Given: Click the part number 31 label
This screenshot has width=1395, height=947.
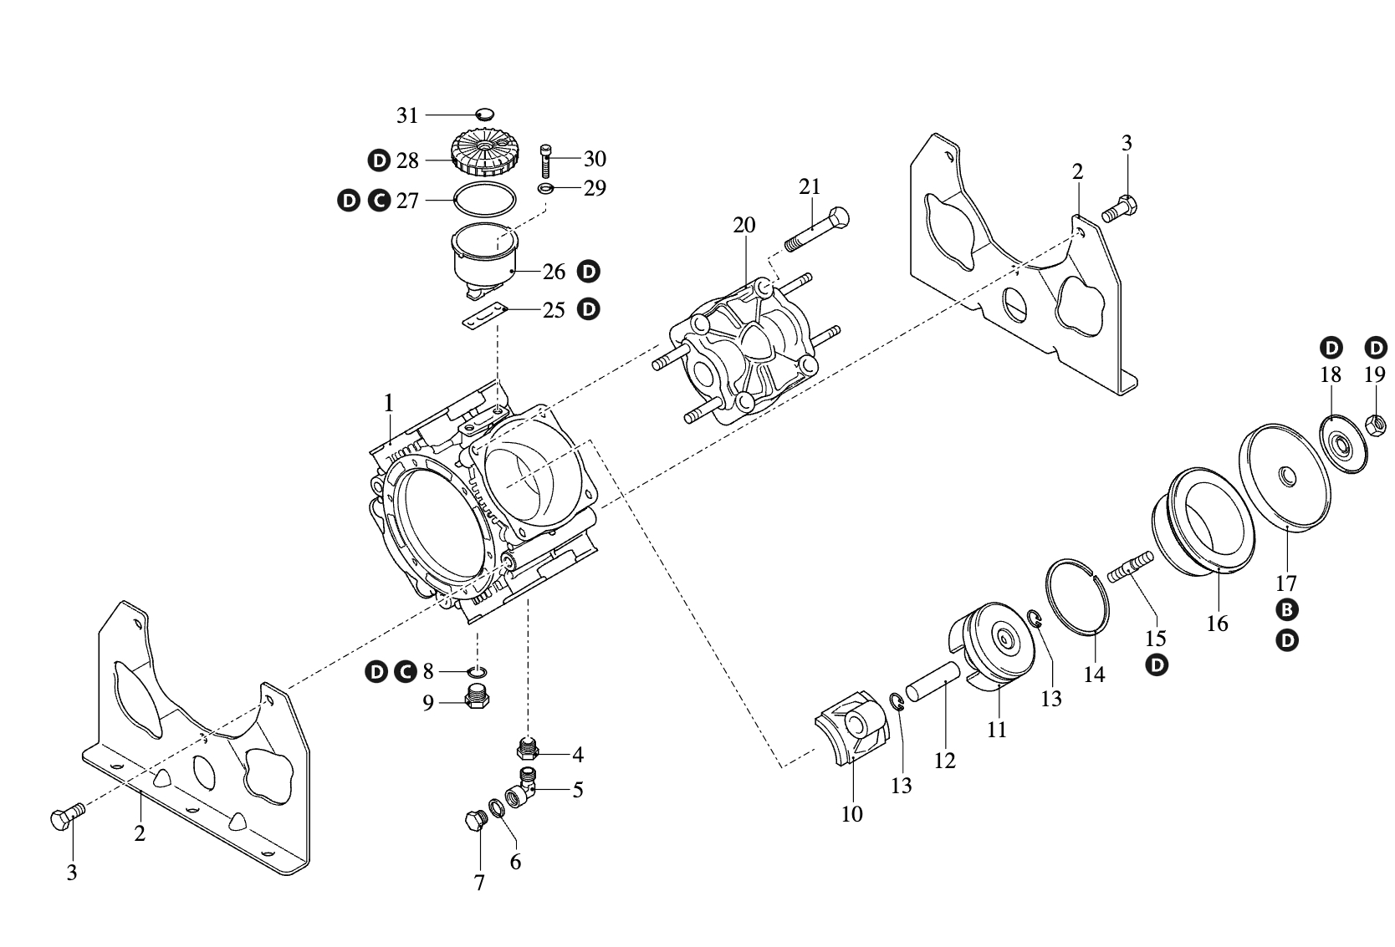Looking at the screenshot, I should (x=407, y=115).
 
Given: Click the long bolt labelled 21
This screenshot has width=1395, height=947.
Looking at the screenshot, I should (x=816, y=227).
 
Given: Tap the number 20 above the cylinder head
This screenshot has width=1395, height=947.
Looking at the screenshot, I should (x=743, y=225).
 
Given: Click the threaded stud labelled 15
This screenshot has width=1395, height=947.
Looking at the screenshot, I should (x=1131, y=568).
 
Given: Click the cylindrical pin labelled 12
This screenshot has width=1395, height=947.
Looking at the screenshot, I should (x=931, y=676).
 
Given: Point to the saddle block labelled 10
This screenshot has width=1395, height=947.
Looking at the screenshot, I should (x=851, y=726).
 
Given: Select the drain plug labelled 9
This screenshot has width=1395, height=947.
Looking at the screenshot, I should (x=477, y=698).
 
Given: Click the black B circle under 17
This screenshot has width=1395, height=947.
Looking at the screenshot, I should (x=1287, y=610).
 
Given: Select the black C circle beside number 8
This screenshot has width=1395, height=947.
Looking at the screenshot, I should (x=404, y=671).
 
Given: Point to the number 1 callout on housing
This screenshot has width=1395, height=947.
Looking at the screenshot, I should (x=388, y=404).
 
